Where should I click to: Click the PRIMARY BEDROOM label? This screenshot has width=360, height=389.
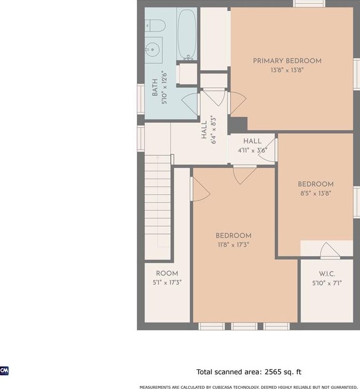287,61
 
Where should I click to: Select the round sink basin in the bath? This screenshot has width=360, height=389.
152,49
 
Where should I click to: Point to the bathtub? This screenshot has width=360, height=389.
187,34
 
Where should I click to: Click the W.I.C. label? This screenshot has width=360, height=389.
327,274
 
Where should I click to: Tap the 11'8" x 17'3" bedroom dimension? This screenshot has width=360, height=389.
233,245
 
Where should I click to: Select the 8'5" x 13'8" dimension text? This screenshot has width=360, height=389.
316,193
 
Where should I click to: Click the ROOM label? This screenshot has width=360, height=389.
167,274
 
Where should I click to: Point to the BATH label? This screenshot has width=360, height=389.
154,87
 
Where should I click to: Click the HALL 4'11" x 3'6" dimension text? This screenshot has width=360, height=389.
252,151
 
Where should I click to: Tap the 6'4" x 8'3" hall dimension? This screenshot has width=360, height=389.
213,129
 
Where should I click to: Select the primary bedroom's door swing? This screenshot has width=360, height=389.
237,103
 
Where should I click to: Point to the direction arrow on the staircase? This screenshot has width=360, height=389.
158,202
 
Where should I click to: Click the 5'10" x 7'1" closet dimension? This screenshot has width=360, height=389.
327,283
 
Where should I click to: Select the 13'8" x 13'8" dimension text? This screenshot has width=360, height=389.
287,70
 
